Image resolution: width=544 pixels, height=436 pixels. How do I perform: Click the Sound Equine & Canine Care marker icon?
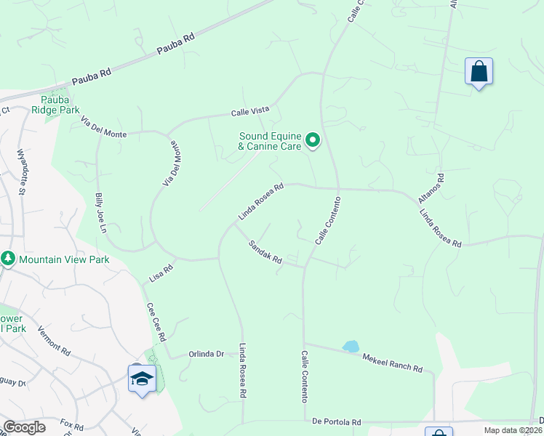(x=313, y=140)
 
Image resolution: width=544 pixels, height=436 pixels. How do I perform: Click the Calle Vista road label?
(x=250, y=112)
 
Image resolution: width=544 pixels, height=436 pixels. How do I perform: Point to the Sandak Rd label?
(x=265, y=257)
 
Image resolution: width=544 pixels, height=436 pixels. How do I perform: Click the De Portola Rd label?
(x=337, y=422)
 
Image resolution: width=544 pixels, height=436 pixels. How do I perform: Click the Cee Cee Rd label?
(x=156, y=323)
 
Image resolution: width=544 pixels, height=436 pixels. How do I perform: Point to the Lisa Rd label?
(x=161, y=272)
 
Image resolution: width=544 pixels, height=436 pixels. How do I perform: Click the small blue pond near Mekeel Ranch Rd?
(x=351, y=347)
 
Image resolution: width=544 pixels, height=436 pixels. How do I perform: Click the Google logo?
(x=24, y=428)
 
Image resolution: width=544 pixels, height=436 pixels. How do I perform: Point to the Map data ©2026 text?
(x=511, y=430)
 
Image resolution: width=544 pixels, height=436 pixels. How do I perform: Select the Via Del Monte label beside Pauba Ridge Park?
(x=104, y=130)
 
